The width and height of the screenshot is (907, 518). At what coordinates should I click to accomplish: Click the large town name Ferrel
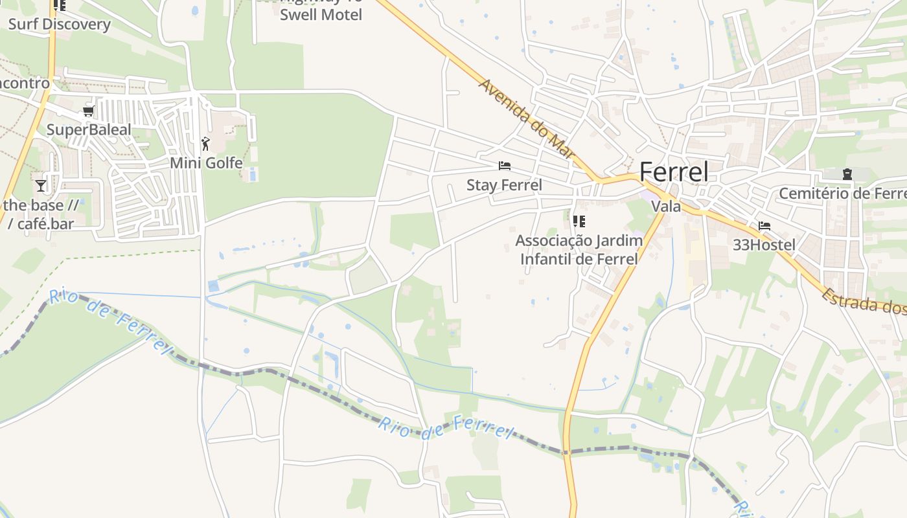tap(674, 172)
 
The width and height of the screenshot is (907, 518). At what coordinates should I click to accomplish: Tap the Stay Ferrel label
tap(504, 185)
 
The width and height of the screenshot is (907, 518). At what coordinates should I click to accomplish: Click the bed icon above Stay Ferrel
tap(504, 166)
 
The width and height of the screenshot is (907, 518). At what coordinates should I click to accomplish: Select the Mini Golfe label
tap(206, 163)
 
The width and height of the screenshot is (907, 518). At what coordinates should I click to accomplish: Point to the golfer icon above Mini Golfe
tap(205, 144)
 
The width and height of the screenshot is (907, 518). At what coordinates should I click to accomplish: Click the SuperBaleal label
tap(89, 129)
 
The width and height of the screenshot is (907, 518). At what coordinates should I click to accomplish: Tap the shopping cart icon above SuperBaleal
tap(89, 111)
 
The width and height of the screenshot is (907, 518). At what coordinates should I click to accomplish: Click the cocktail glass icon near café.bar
tap(41, 186)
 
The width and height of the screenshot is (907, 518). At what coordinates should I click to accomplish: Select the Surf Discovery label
tap(59, 25)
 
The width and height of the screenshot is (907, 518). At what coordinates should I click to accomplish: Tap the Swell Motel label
tap(321, 14)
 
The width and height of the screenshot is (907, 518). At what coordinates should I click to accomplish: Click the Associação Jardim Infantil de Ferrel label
tap(579, 250)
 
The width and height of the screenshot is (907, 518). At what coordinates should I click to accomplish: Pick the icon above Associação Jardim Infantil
tap(579, 221)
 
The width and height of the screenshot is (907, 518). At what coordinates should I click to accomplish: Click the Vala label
tap(666, 207)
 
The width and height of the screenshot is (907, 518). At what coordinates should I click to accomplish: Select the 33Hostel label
tap(764, 245)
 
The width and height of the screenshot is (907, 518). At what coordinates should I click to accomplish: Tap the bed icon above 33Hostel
tap(764, 226)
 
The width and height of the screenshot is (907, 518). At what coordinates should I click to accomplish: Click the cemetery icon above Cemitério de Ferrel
tap(847, 174)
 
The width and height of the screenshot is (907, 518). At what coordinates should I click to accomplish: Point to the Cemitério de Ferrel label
tap(842, 194)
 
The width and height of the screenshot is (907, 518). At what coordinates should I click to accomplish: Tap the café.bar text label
tap(45, 224)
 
